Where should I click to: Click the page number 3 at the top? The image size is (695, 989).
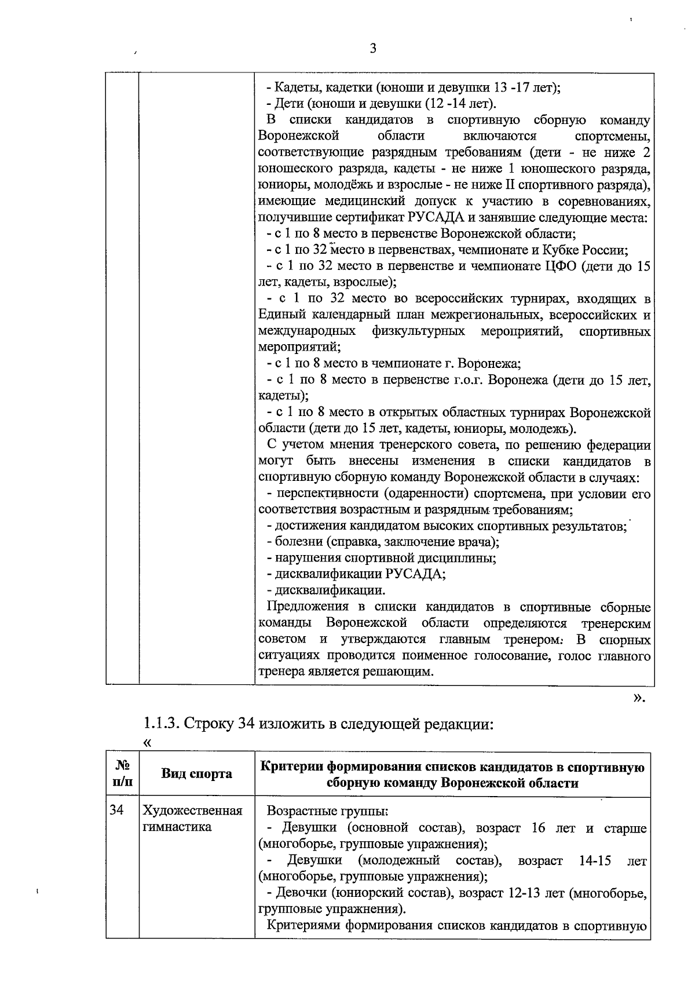tap(372, 49)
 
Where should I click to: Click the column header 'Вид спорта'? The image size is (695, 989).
tap(196, 774)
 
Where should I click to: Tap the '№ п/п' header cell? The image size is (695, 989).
tap(122, 774)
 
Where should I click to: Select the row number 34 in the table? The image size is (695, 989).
tap(117, 810)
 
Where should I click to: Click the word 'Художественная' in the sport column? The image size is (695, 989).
tap(192, 810)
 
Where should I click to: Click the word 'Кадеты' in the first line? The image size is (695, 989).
tap(295, 88)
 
